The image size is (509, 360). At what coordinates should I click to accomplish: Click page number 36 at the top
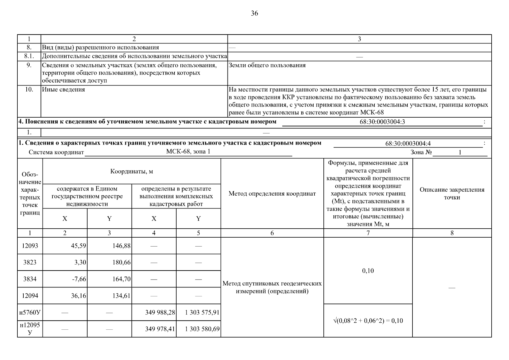pyautogui.click(x=254, y=13)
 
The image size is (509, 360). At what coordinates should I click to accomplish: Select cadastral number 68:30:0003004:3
pyautogui.click(x=382, y=122)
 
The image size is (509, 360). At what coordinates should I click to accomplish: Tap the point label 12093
pyautogui.click(x=30, y=246)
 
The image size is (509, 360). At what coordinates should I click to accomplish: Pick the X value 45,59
pyautogui.click(x=79, y=246)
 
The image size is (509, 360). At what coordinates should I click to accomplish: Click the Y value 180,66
pyautogui.click(x=121, y=262)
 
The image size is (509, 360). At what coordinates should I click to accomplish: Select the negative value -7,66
pyautogui.click(x=79, y=279)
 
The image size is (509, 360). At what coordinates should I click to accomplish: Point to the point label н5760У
pyautogui.click(x=30, y=313)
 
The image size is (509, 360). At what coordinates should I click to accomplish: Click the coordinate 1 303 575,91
pyautogui.click(x=202, y=313)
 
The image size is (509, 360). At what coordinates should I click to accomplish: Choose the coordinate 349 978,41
pyautogui.click(x=160, y=329)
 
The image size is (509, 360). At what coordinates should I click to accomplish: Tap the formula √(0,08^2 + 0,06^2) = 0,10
pyautogui.click(x=368, y=321)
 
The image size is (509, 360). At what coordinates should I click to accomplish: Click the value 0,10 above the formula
pyautogui.click(x=368, y=271)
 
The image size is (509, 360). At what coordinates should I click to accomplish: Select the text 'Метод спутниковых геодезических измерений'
pyautogui.click(x=272, y=287)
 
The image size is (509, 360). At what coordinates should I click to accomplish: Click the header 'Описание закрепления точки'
pyautogui.click(x=452, y=193)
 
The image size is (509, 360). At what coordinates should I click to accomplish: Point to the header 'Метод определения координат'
pyautogui.click(x=272, y=194)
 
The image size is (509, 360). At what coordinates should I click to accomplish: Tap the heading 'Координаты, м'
pyautogui.click(x=132, y=172)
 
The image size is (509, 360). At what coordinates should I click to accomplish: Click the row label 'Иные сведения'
pyautogui.click(x=64, y=90)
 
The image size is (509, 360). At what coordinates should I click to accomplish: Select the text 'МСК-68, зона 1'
pyautogui.click(x=188, y=151)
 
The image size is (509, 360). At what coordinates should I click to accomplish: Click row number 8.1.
pyautogui.click(x=29, y=56)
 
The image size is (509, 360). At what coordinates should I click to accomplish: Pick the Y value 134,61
pyautogui.click(x=121, y=296)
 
